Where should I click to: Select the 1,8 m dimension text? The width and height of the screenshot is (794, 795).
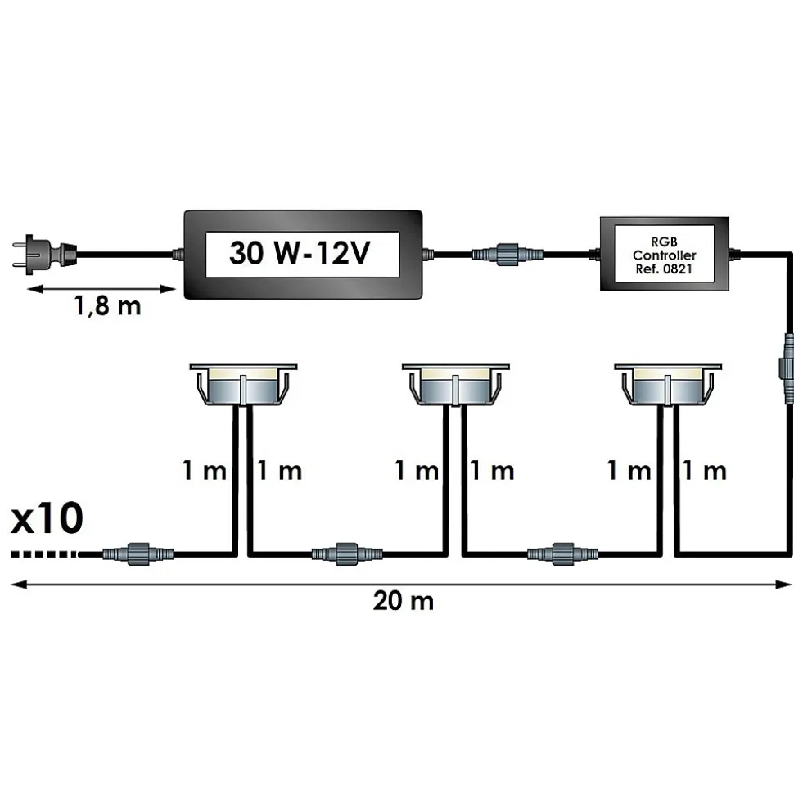tap(107, 308)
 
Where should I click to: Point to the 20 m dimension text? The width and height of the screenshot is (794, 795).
tap(403, 602)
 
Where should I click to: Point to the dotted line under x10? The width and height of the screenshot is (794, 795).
tap(45, 554)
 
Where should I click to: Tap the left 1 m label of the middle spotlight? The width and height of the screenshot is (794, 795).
tap(417, 471)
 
